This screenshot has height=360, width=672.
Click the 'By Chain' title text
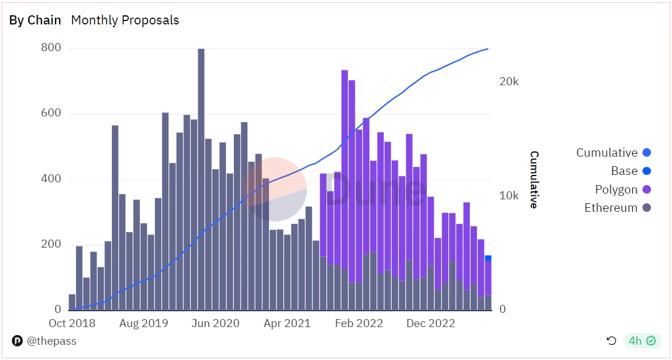click(35, 20)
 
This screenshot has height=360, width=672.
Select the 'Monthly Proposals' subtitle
click(125, 20)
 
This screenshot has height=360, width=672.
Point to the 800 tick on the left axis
click(51, 48)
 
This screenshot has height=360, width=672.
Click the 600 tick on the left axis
click(51, 114)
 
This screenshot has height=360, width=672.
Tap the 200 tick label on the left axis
click(51, 245)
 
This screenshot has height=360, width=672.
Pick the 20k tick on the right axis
click(509, 82)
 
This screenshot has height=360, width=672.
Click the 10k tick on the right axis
click(509, 196)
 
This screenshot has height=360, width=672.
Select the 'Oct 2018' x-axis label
click(72, 323)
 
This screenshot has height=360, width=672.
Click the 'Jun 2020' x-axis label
click(216, 323)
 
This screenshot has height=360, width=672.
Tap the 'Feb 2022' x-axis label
click(359, 323)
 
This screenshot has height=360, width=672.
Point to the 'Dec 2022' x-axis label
click(431, 323)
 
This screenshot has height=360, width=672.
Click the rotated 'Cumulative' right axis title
click(534, 179)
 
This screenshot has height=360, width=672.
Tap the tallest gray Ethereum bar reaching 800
click(201, 170)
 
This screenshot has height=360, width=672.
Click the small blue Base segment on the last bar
click(488, 258)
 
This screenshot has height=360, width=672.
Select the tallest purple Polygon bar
click(345, 170)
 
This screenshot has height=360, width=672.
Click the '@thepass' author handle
click(51, 341)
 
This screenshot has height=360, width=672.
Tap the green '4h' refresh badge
click(642, 341)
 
